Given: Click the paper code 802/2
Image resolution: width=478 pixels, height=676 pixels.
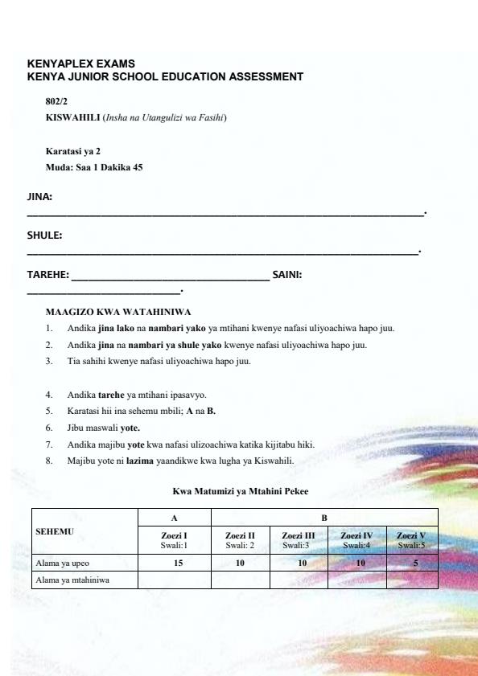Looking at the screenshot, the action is click(x=57, y=103).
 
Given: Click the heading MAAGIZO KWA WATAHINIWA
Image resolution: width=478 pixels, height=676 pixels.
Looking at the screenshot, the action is click(x=118, y=312).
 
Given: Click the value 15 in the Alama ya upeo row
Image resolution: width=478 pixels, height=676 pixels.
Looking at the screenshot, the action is click(x=174, y=562).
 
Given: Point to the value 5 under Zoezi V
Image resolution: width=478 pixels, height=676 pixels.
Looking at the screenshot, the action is click(x=410, y=562).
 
